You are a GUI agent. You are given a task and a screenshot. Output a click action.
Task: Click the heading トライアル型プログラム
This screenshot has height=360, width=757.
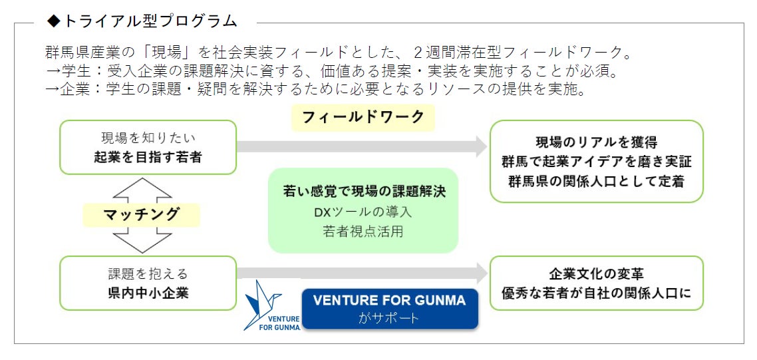(x=150, y=21)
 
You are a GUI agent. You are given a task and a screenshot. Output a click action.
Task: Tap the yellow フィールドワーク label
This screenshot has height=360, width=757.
(x=363, y=117)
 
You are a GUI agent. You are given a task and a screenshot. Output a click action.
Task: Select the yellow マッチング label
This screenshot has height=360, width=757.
(x=142, y=214)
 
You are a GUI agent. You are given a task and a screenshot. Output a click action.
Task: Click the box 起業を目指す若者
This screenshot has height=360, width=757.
(x=148, y=148)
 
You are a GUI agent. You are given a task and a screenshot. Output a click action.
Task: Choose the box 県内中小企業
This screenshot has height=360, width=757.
(x=148, y=283)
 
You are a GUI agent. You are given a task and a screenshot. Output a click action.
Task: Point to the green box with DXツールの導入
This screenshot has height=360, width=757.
(x=363, y=210)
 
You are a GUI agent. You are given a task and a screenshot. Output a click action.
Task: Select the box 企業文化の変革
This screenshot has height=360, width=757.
(x=596, y=283)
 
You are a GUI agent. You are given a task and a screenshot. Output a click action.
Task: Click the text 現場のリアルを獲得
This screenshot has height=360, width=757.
(x=596, y=142)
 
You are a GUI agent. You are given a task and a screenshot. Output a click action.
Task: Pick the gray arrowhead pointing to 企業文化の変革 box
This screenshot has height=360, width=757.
(x=481, y=271)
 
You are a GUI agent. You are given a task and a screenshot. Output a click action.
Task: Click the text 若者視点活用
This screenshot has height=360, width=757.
(x=363, y=232)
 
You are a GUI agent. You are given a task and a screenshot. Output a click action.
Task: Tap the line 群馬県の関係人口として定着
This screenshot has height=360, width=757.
(x=596, y=181)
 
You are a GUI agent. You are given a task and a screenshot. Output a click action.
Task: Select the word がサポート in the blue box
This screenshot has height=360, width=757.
(x=389, y=317)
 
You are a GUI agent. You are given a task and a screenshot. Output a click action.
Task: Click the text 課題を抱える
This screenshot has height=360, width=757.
(x=148, y=273)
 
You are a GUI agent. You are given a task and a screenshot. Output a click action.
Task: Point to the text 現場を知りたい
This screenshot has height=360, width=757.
(x=148, y=138)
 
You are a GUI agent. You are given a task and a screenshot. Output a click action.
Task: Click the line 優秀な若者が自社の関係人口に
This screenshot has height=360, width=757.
(x=596, y=292)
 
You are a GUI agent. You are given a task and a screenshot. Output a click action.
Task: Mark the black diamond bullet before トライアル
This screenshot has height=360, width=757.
(x=53, y=21)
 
